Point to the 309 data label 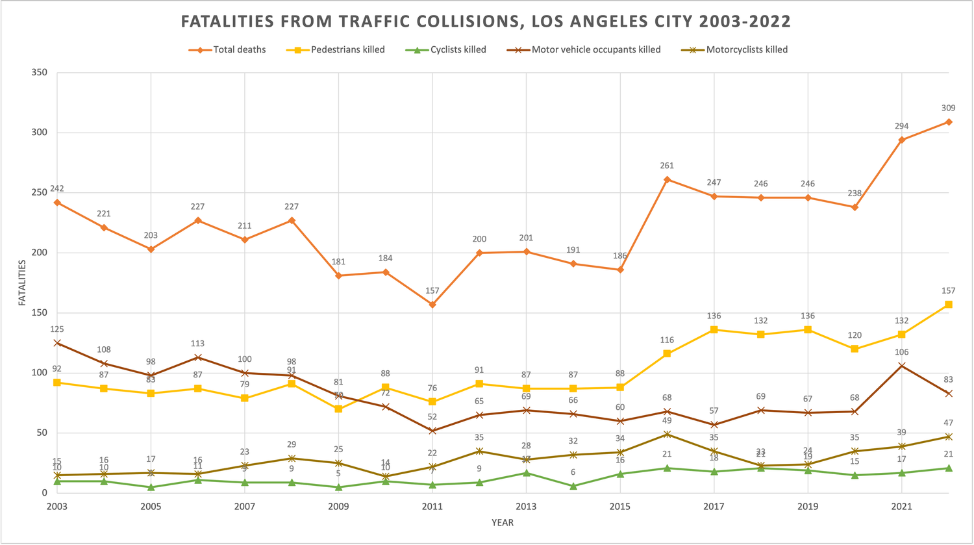coord(949,108)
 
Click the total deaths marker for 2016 coord(667,179)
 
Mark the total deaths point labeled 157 coord(432,304)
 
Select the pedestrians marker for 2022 coord(949,304)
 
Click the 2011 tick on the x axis coord(432,506)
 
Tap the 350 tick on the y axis coord(39,72)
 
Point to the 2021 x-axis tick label coord(901,506)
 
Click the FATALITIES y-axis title coord(22,283)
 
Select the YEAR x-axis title coord(503,522)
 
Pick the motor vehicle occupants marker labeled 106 coord(901,366)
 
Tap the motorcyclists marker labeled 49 coord(667,434)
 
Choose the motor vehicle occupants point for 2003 coord(57,343)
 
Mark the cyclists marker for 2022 coord(949,468)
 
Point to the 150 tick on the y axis coord(39,312)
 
